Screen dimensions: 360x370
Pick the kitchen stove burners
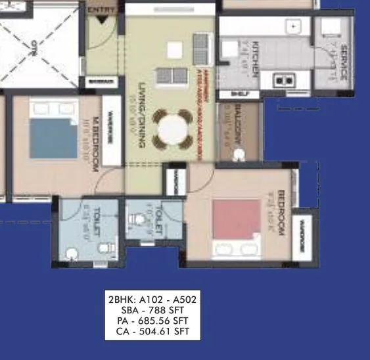coord(285,80)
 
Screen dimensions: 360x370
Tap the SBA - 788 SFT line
coord(152,310)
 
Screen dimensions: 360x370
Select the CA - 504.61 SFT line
coord(152,332)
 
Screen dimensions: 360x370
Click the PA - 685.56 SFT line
coord(152,321)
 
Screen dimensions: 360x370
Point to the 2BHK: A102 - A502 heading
coord(152,299)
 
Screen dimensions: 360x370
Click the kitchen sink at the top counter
coord(292,27)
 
